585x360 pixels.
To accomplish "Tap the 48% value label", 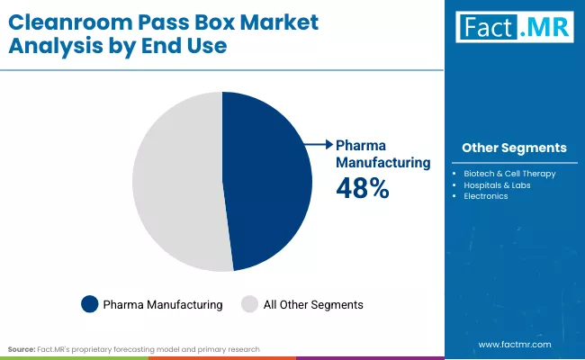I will (x=362, y=187).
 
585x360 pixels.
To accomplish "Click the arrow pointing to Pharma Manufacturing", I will (x=318, y=144).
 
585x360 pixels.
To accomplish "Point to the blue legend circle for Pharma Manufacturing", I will (x=89, y=304).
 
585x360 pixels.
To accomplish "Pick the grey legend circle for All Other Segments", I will (x=249, y=304).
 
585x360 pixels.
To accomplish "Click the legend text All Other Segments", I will (x=313, y=305).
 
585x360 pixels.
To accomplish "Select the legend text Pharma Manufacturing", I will (x=163, y=305).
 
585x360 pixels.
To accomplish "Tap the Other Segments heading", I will (x=514, y=148).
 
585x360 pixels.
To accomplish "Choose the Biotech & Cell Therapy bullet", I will (x=509, y=173).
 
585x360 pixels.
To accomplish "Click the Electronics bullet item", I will (x=486, y=195).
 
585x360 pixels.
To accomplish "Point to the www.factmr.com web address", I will (x=514, y=345).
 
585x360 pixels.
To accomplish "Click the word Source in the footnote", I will (x=22, y=347).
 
